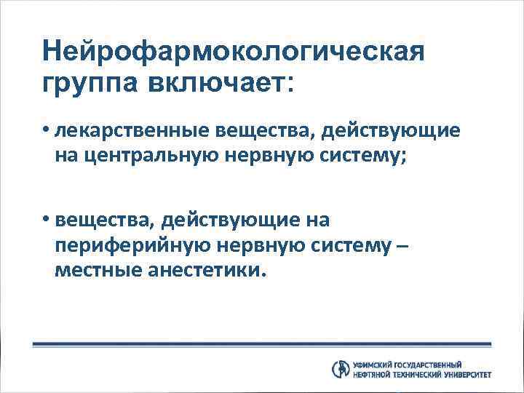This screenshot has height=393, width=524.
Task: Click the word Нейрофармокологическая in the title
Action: pyautogui.click(x=232, y=52)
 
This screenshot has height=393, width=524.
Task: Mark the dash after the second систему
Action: pyautogui.click(x=405, y=246)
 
